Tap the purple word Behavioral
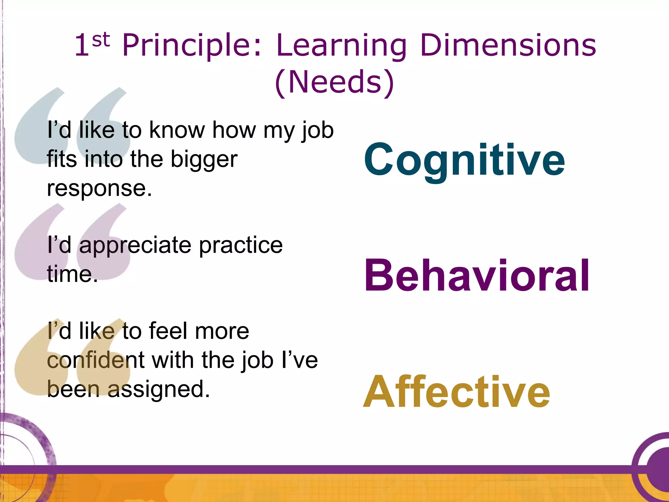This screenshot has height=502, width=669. tap(477, 275)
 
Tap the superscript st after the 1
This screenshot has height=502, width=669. tap(101, 40)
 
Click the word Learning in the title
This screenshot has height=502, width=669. tap(341, 46)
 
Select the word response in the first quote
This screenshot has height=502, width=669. tap(99, 189)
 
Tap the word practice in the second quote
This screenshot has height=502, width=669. tap(241, 245)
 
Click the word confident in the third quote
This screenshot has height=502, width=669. tap(96, 360)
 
